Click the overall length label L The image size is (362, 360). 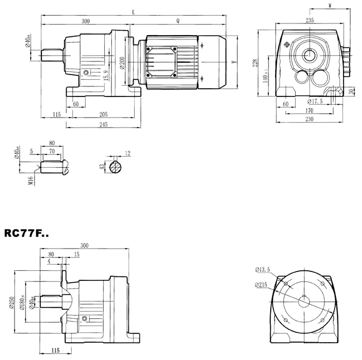tap(133, 12)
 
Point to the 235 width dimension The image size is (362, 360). tap(310, 20)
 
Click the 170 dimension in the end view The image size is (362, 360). tap(310, 110)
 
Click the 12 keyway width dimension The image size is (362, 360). tap(128, 152)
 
